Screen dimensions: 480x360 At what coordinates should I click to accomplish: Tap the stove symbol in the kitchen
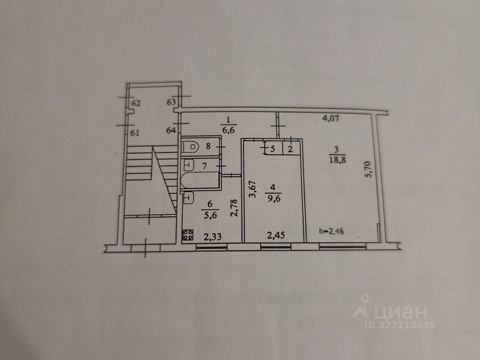click(188, 235)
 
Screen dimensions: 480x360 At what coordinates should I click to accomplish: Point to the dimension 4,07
click(331, 119)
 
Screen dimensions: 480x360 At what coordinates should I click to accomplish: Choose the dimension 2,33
click(213, 237)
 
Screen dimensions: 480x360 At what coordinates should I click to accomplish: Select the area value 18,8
click(336, 160)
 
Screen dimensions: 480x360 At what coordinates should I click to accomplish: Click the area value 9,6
click(273, 199)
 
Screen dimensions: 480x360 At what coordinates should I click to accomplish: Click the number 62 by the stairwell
click(136, 103)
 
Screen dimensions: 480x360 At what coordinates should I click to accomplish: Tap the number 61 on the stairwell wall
click(135, 132)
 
